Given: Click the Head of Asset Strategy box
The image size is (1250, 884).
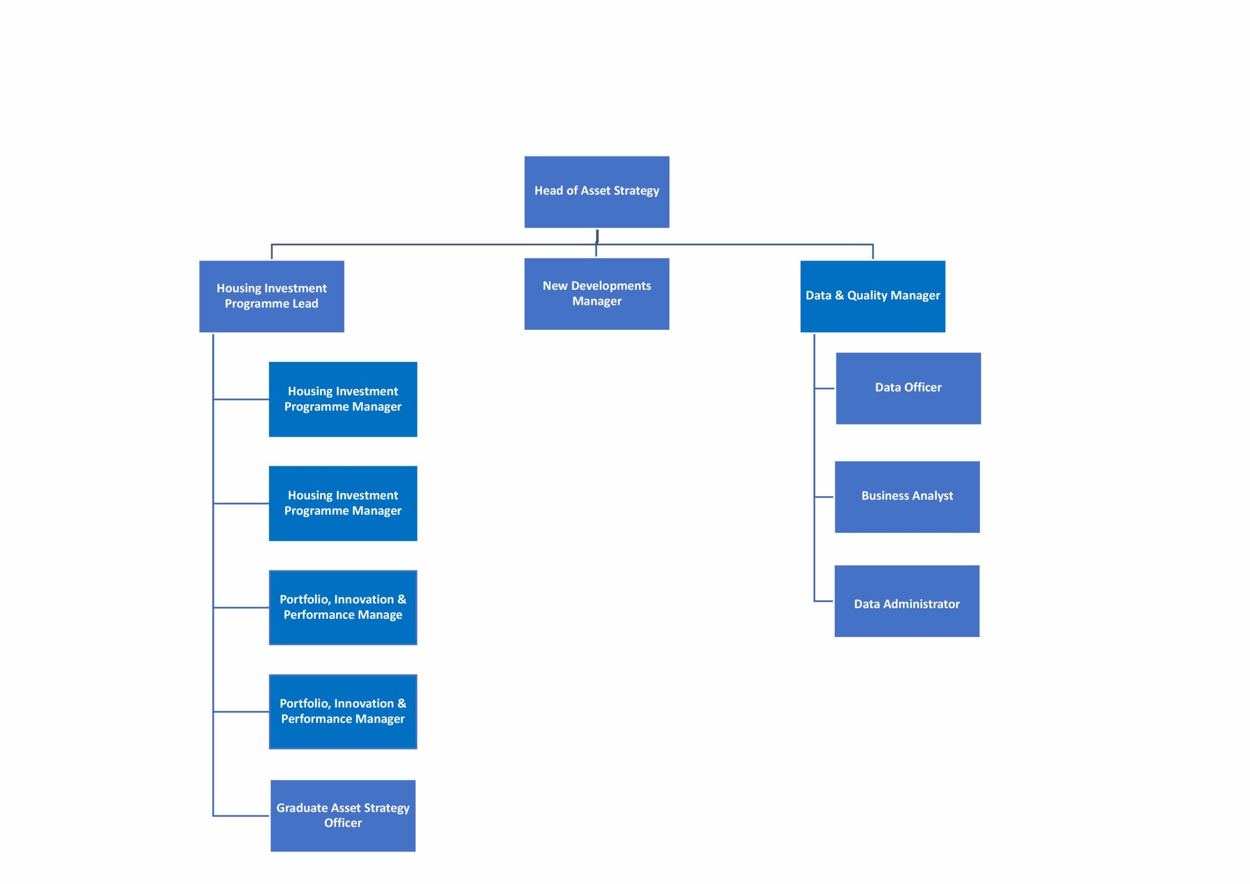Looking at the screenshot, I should tap(597, 192).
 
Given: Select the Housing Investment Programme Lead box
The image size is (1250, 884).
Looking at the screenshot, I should tap(271, 296).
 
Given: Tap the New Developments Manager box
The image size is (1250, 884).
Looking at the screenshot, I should tap(597, 294).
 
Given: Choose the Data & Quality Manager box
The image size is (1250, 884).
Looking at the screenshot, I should tap(873, 296).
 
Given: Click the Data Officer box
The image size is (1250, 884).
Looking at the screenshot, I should tap(908, 388).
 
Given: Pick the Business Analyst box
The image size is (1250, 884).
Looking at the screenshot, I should tap(907, 497).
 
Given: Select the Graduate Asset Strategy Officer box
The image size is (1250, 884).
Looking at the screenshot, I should tap(343, 815).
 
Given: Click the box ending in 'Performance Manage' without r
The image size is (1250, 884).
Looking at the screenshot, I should tap(343, 607).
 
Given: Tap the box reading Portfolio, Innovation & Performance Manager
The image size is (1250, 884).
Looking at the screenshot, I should tap(343, 711).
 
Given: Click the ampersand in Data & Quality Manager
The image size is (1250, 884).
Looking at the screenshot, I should tap(839, 295).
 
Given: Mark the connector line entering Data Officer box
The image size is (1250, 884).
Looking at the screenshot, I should tap(825, 388).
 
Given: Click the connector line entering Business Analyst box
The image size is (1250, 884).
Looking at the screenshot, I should tap(824, 497).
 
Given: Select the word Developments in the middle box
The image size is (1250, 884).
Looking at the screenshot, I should tap(611, 286).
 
